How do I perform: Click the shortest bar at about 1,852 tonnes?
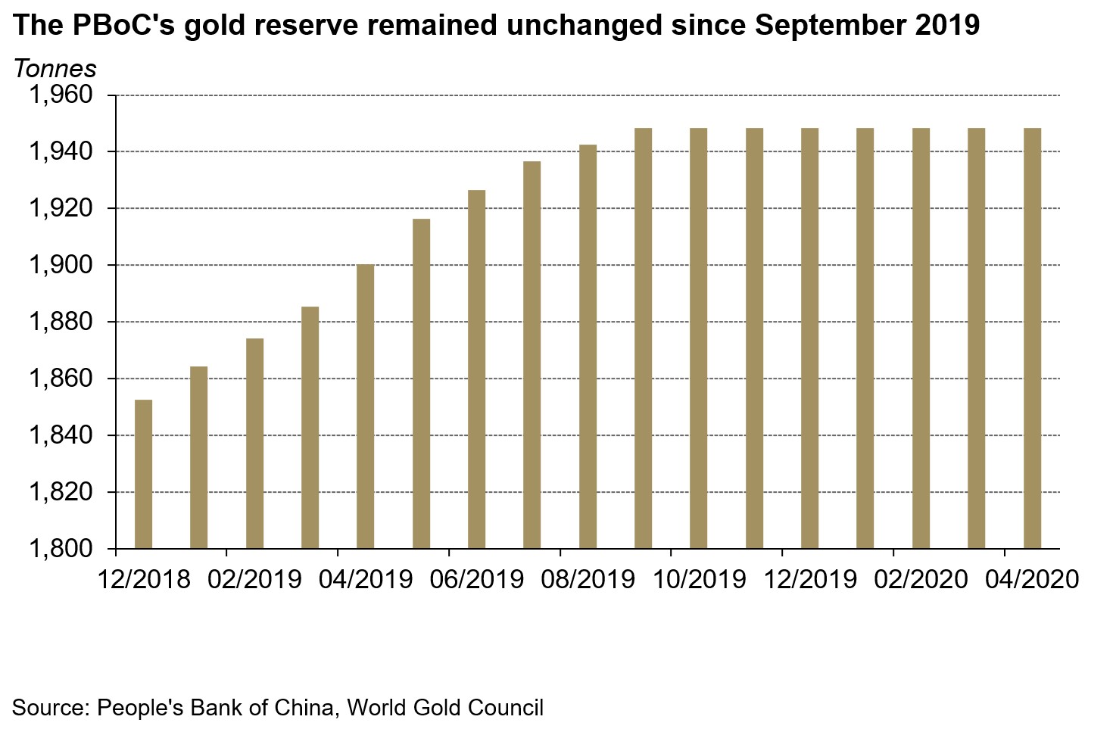(143, 474)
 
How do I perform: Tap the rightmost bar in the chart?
(1032, 338)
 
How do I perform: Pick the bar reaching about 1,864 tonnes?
(198, 457)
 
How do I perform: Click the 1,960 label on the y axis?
(60, 95)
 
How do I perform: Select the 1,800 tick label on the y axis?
(60, 548)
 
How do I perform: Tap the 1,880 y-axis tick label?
(60, 322)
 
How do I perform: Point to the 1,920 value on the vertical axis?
(60, 208)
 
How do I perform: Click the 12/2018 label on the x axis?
(144, 579)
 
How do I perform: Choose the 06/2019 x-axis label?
(477, 579)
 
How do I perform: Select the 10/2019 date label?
(699, 579)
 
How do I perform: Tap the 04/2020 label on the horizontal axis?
(1031, 579)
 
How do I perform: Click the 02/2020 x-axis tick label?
(921, 579)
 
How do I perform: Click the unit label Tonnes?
(55, 69)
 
